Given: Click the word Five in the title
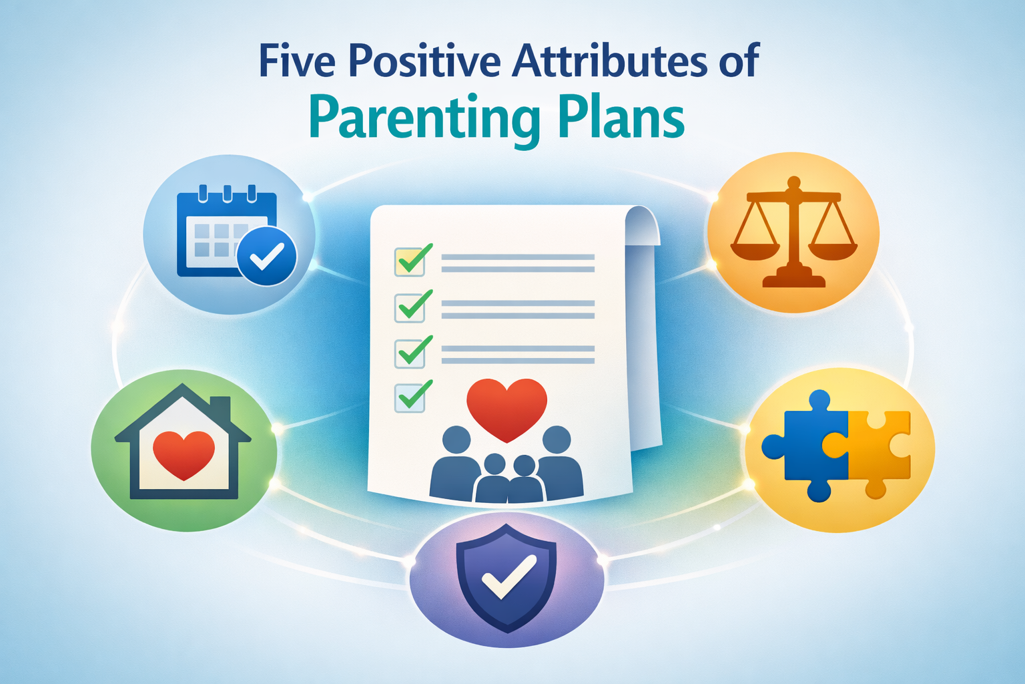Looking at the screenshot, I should click(x=296, y=61).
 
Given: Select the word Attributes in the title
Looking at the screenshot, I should click(x=610, y=61).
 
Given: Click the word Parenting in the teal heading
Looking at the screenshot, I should click(x=424, y=119).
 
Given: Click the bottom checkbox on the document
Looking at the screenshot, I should click(x=408, y=397).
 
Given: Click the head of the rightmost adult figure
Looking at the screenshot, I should click(x=557, y=440).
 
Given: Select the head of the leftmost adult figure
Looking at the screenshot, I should click(x=456, y=440).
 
